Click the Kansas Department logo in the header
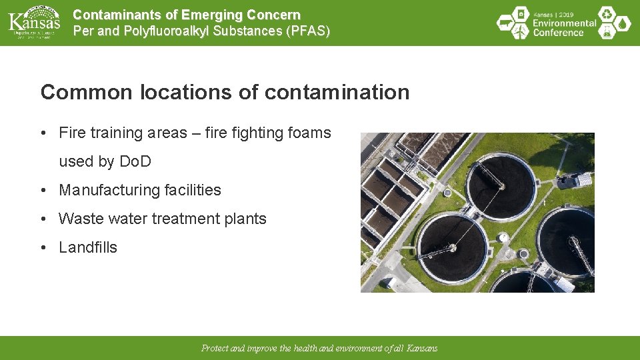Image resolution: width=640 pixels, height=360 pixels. pyautogui.click(x=33, y=23)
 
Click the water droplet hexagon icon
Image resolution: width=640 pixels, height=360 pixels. pyautogui.click(x=623, y=23)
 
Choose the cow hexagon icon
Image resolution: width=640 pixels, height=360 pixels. pyautogui.click(x=505, y=23)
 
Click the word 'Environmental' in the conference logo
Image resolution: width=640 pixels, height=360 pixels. pyautogui.click(x=564, y=23)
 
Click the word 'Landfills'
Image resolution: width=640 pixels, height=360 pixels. pyautogui.click(x=88, y=247)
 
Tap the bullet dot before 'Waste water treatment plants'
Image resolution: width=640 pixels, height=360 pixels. pyautogui.click(x=43, y=219)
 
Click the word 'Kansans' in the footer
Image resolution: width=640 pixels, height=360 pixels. pyautogui.click(x=423, y=348)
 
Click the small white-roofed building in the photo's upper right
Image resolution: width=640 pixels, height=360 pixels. pyautogui.click(x=583, y=179)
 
